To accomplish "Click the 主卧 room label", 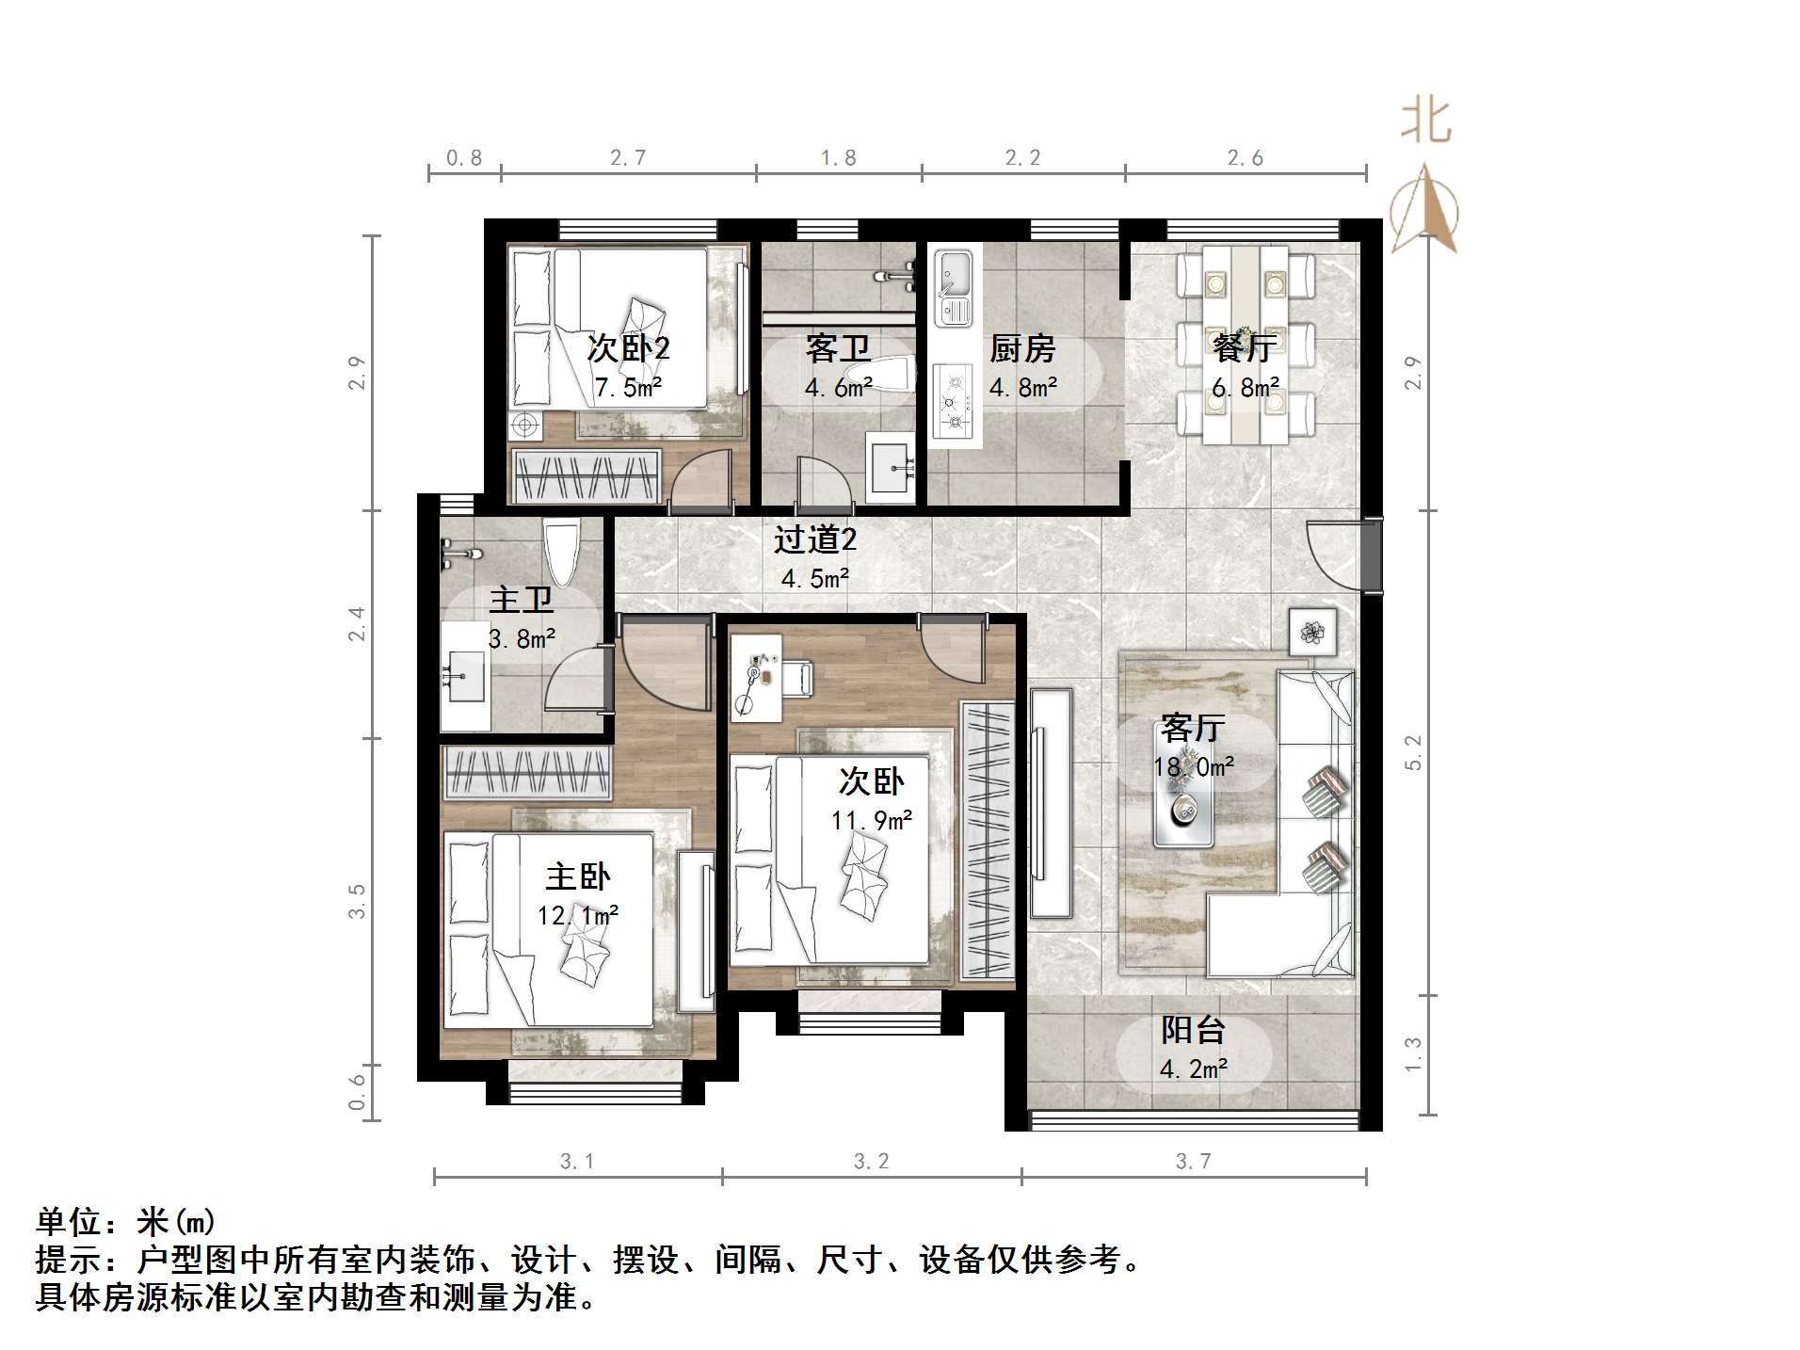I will [578, 877].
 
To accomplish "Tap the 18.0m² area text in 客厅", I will [1194, 767].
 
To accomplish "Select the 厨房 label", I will [1022, 349].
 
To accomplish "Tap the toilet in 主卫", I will [562, 553].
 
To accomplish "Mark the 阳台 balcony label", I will [1193, 1030].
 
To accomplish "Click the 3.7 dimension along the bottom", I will [1193, 1162].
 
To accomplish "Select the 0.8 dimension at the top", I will [464, 158].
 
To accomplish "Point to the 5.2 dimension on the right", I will [1413, 752].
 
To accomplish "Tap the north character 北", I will [1425, 123].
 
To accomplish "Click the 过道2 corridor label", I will [815, 539].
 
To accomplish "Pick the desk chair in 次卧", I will [796, 679].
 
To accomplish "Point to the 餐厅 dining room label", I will [1245, 349].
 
